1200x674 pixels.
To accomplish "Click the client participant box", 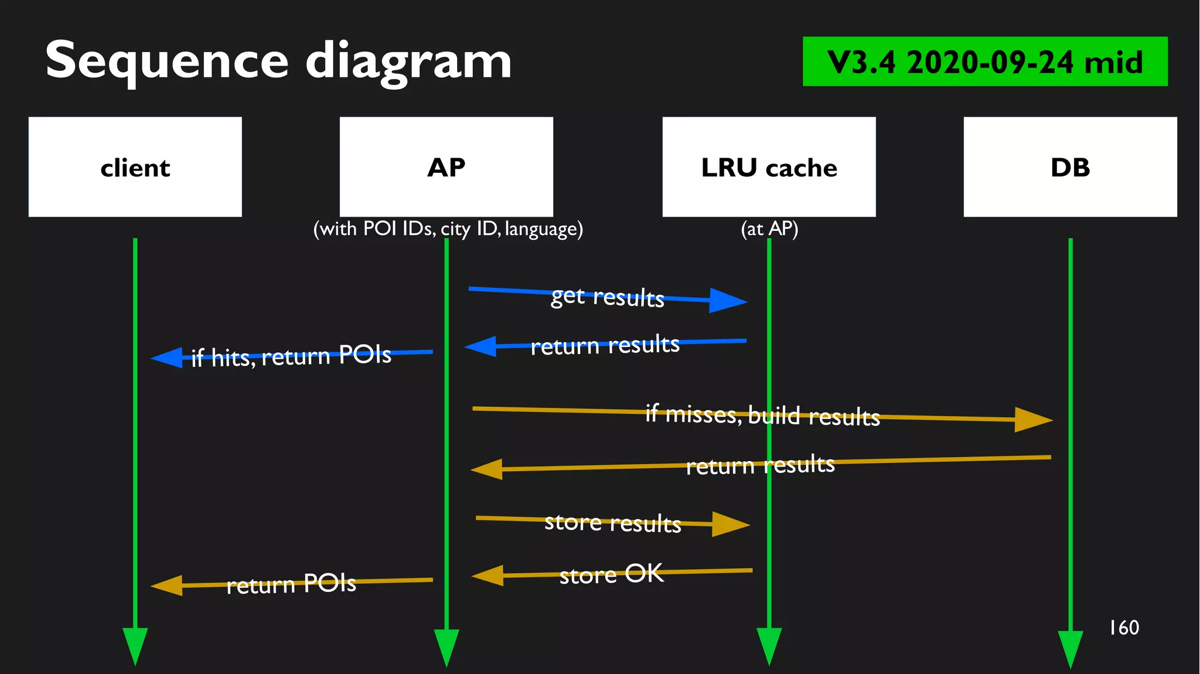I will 135,167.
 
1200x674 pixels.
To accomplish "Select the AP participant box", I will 446,167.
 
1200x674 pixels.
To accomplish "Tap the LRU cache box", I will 769,167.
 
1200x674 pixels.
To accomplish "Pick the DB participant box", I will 1070,167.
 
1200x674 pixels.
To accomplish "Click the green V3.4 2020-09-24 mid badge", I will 984,62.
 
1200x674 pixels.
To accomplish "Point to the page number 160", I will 1124,628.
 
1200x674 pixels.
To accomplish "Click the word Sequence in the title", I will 167,60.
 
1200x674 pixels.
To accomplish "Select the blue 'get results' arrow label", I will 607,297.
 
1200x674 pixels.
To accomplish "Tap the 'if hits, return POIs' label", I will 291,356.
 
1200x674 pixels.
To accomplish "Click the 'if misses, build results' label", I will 762,416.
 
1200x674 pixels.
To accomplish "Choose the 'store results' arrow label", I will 613,523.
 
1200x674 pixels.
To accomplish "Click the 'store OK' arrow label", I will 612,574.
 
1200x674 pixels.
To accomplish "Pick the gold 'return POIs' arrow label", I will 291,584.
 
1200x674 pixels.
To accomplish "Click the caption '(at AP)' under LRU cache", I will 769,229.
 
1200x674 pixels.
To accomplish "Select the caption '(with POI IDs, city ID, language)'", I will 448,229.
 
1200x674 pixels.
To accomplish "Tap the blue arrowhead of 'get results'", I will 728,301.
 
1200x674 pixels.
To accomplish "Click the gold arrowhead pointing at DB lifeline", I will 1034,420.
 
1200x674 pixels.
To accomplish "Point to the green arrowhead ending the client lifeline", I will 135,645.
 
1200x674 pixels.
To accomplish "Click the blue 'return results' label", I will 605,345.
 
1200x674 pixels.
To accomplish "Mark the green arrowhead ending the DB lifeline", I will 1070,648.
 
